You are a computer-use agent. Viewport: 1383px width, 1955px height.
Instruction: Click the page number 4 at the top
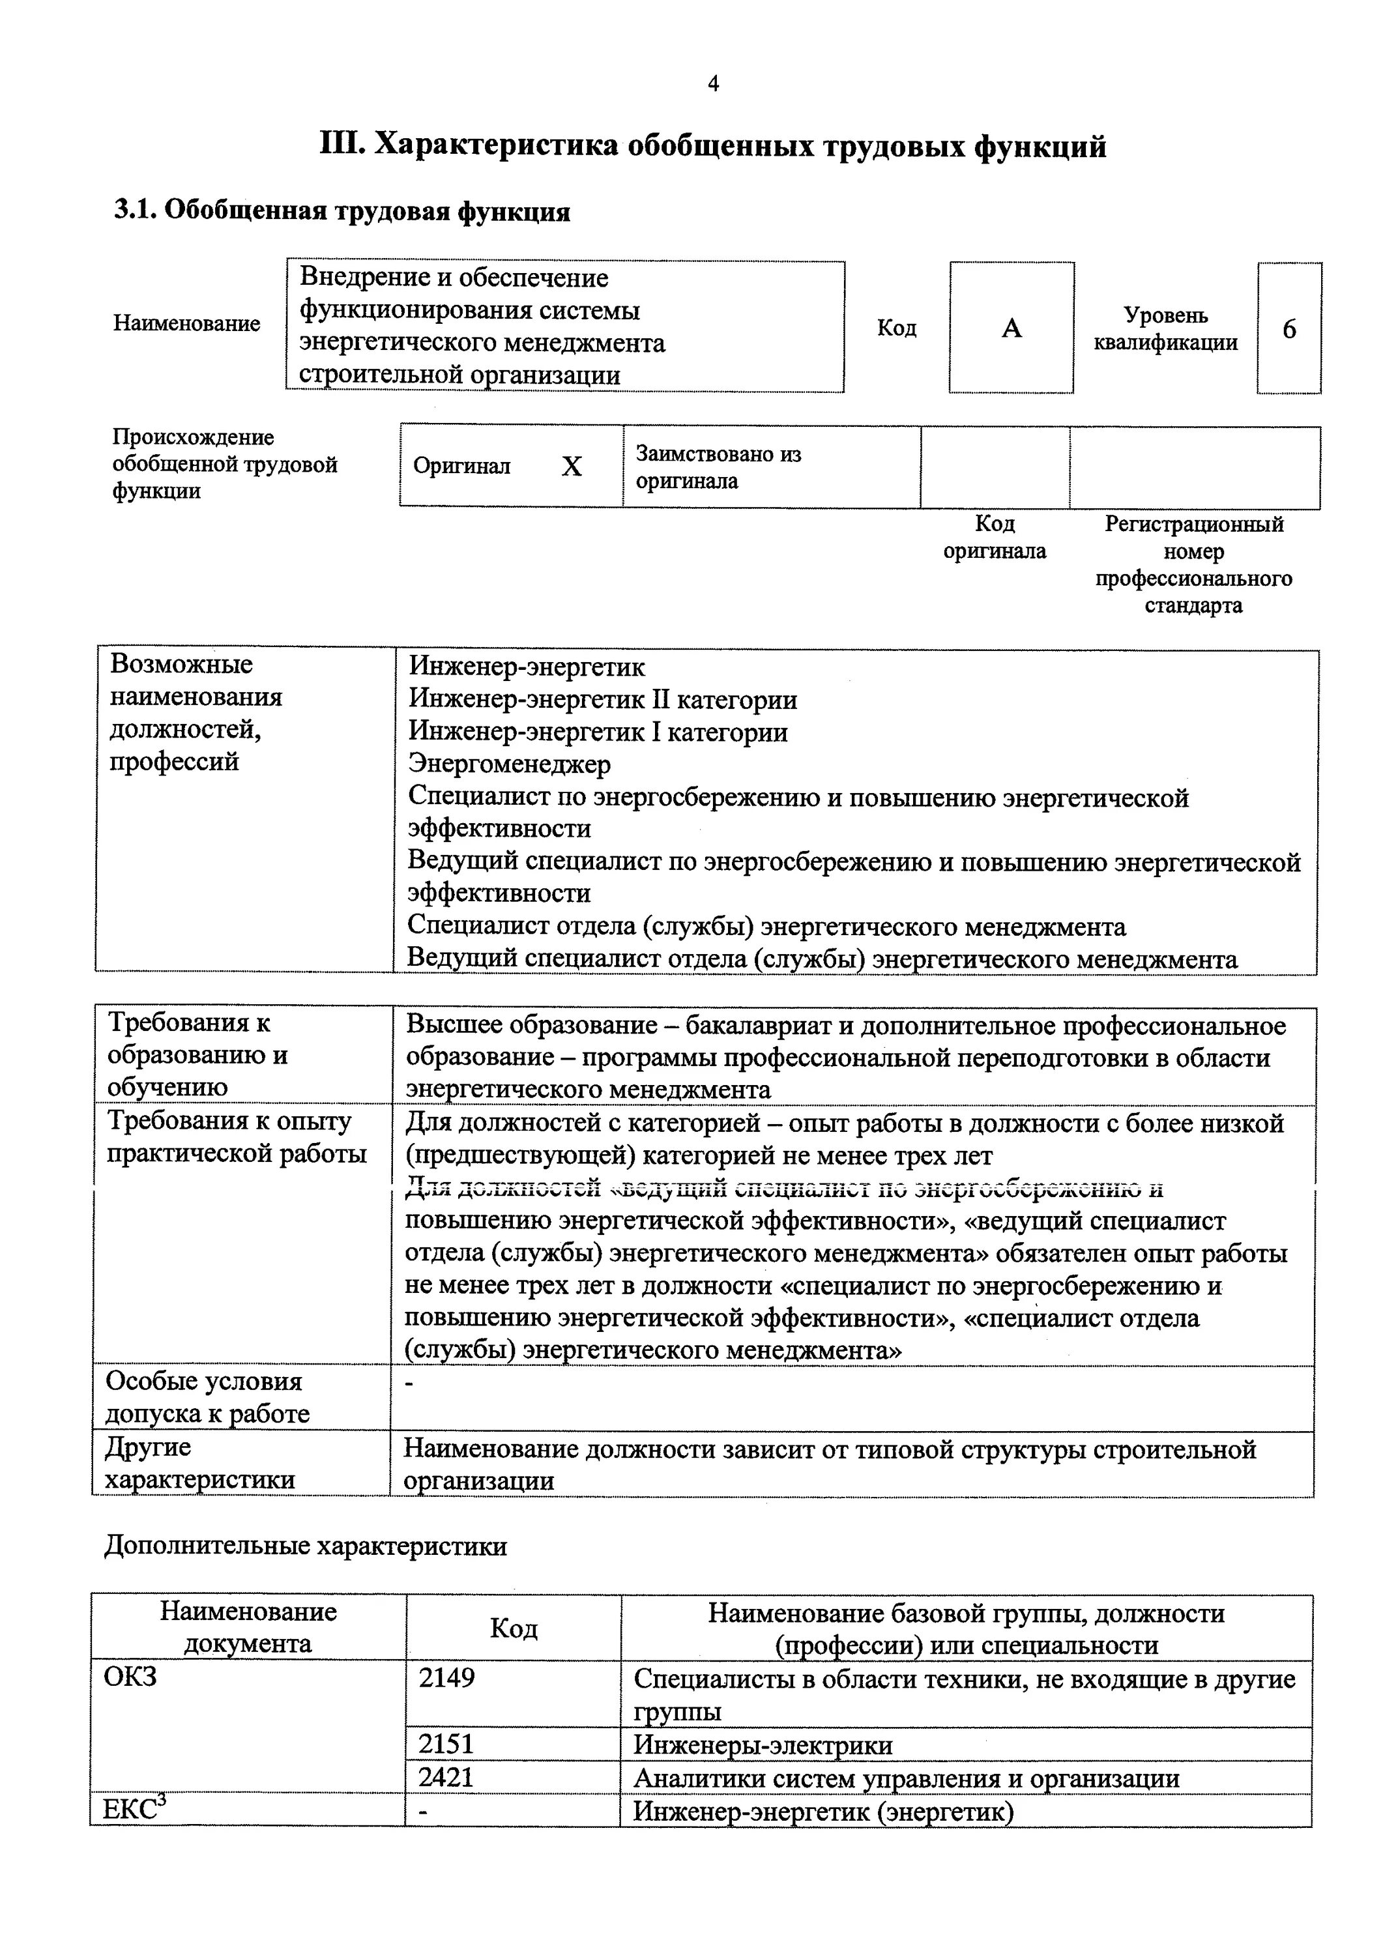pyautogui.click(x=713, y=83)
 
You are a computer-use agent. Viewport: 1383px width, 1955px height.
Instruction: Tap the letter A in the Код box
pyautogui.click(x=1011, y=328)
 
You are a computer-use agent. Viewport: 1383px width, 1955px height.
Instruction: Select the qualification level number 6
pyautogui.click(x=1288, y=328)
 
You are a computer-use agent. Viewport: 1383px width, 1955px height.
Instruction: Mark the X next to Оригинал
pyautogui.click(x=572, y=467)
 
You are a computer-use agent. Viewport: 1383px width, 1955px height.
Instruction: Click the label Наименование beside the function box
pyautogui.click(x=186, y=324)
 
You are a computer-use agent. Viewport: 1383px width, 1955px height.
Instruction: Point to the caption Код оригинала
pyautogui.click(x=994, y=537)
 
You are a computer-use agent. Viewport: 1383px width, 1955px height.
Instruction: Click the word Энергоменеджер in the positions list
pyautogui.click(x=509, y=764)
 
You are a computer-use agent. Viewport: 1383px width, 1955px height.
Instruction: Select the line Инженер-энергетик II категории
pyautogui.click(x=603, y=699)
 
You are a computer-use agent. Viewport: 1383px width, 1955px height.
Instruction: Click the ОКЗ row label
pyautogui.click(x=130, y=1677)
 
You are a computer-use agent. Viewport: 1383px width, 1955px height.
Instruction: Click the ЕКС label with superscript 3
pyautogui.click(x=134, y=1810)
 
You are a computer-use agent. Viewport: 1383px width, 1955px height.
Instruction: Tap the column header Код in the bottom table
pyautogui.click(x=514, y=1628)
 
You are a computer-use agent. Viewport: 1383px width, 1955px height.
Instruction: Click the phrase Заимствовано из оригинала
pyautogui.click(x=718, y=467)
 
